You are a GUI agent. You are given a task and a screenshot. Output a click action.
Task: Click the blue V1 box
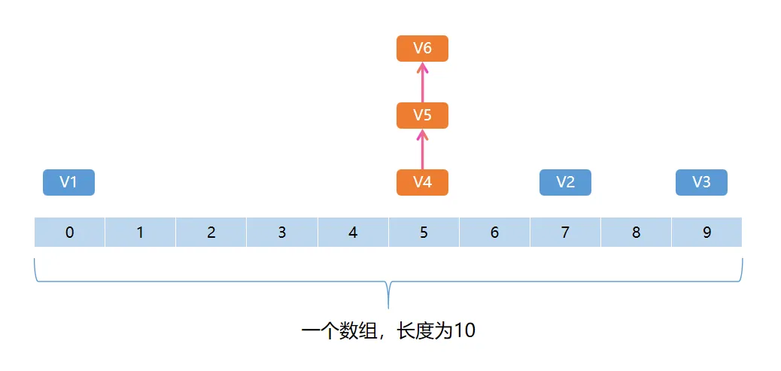68,182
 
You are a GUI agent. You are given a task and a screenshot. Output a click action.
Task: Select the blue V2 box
565,182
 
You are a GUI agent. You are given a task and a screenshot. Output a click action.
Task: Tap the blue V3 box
701,182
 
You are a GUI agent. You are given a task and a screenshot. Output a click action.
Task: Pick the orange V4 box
422,182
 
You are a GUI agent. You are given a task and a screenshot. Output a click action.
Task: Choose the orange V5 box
422,116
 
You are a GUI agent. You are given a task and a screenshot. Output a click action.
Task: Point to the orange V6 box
422,48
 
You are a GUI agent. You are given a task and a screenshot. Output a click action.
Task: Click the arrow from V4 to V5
422,149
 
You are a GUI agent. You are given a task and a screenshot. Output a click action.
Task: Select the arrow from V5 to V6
422,82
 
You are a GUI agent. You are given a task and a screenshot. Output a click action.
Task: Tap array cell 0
70,233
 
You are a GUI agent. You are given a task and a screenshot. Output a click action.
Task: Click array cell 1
140,233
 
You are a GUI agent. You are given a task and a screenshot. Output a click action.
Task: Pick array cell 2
211,233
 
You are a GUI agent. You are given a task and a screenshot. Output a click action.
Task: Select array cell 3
281,233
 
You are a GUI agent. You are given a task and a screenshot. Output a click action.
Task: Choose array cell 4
353,233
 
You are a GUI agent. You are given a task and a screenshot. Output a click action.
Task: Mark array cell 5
424,233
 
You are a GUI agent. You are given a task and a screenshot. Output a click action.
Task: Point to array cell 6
494,233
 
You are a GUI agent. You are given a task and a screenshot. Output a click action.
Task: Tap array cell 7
565,233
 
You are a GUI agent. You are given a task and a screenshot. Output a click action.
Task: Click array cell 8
636,233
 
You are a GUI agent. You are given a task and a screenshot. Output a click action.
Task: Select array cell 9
707,233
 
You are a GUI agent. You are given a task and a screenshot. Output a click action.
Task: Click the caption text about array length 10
388,331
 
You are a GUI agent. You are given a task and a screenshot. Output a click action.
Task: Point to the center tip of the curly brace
388,306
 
